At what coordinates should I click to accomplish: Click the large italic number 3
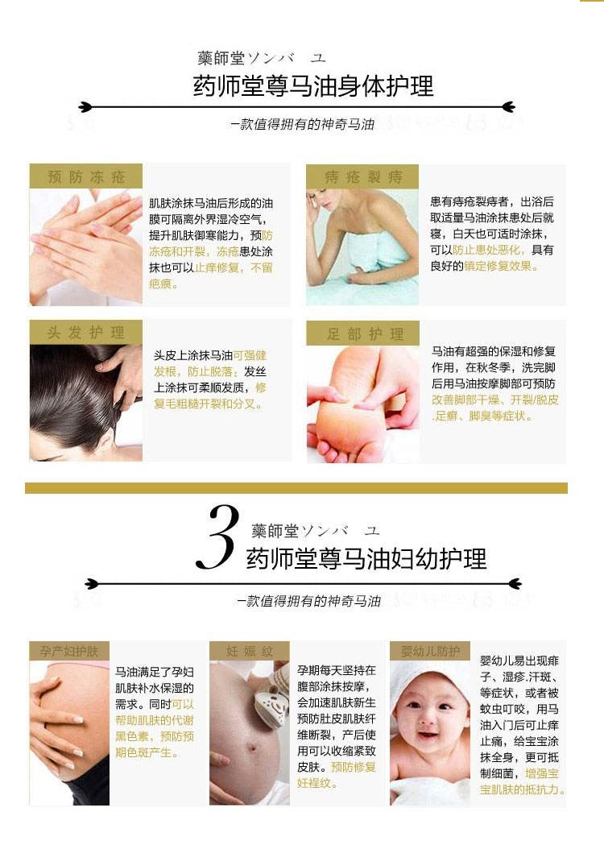click(x=217, y=536)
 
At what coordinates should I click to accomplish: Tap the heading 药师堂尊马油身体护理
click(x=313, y=86)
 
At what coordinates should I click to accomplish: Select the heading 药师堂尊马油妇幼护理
click(x=366, y=558)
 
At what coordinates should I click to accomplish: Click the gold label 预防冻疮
click(x=86, y=176)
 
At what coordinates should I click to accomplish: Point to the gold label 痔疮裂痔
click(x=362, y=176)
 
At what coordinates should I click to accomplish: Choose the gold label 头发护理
click(x=86, y=332)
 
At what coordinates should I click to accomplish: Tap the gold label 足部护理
click(x=362, y=333)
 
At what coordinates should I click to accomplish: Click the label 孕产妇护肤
click(x=69, y=651)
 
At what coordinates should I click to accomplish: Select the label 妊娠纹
click(x=250, y=651)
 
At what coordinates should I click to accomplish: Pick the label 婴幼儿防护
click(x=430, y=651)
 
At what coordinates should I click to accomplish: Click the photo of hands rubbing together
click(x=86, y=246)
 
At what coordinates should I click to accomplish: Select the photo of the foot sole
click(x=362, y=404)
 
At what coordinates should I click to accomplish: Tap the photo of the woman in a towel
click(x=362, y=246)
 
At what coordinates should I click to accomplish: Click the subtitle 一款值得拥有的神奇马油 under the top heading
click(x=302, y=125)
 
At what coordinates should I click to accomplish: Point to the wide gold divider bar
click(x=296, y=487)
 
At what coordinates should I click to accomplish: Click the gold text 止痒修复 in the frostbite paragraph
click(x=217, y=267)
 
